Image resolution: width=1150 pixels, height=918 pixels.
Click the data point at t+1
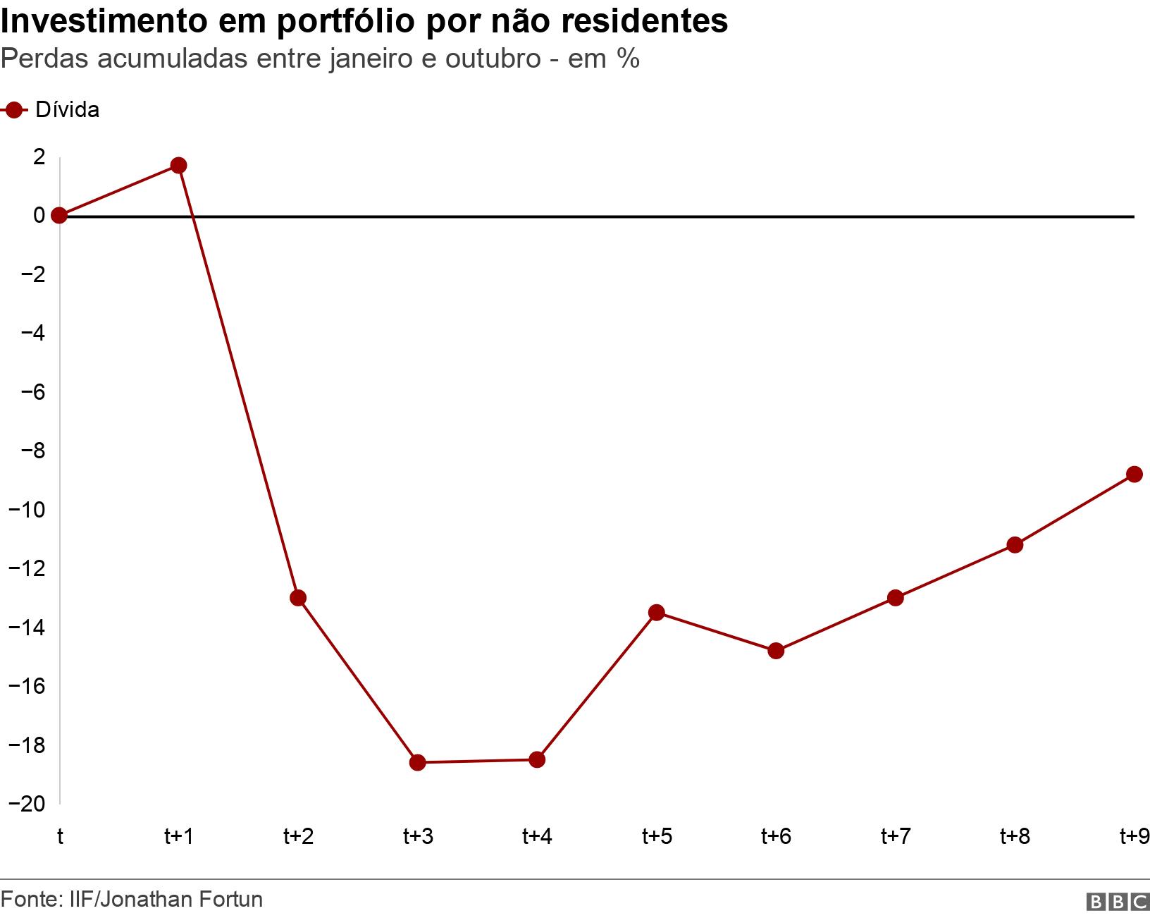(x=178, y=166)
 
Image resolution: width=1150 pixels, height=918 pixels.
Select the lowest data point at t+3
(x=417, y=762)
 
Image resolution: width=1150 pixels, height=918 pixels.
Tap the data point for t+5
(x=656, y=612)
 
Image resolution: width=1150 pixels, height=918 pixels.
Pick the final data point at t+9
(x=1134, y=474)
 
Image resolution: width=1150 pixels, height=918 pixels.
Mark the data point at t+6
(x=776, y=650)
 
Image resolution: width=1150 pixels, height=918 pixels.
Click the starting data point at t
(x=60, y=215)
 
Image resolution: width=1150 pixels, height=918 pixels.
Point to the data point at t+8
(x=1015, y=544)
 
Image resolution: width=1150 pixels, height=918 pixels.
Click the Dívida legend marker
(x=14, y=110)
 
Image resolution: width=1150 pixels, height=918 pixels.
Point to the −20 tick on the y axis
(x=27, y=804)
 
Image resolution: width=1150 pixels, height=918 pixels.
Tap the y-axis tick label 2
(x=39, y=156)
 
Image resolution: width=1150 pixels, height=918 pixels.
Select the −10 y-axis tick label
(x=27, y=509)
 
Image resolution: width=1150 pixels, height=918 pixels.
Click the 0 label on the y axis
(x=39, y=215)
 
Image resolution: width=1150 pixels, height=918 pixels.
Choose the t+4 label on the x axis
(x=537, y=837)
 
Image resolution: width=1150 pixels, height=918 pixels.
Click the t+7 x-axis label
(x=895, y=837)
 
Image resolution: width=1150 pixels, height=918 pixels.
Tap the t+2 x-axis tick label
(x=298, y=837)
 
